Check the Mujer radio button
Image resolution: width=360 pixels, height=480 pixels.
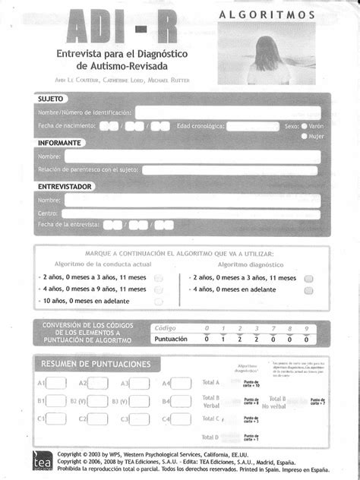pyautogui.click(x=305, y=137)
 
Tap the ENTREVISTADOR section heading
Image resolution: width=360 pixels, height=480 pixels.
pyautogui.click(x=65, y=186)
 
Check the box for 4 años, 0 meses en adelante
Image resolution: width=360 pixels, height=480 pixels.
pyautogui.click(x=308, y=289)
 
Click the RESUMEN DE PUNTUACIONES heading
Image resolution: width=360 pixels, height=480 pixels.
pyautogui.click(x=96, y=364)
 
